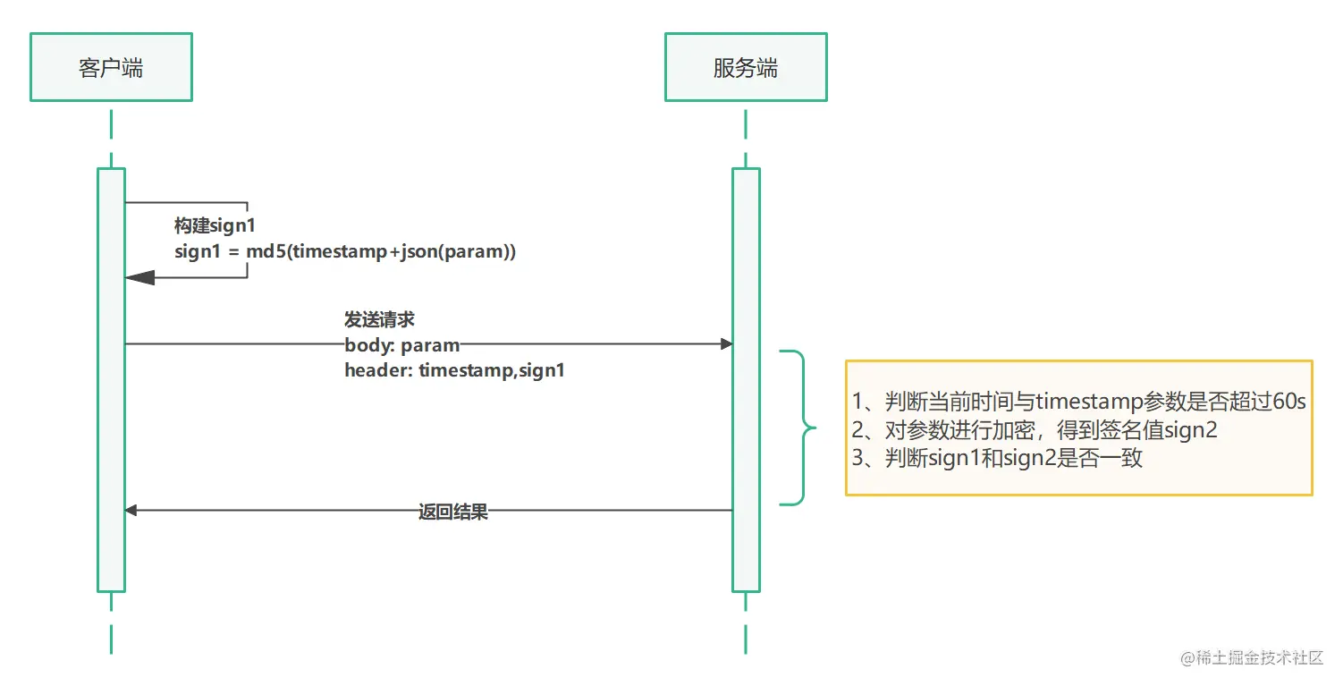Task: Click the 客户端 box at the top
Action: [111, 68]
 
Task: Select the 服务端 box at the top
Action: [745, 68]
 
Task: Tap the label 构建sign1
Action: [215, 226]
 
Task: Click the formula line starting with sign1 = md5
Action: [345, 251]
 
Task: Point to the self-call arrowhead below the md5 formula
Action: [139, 278]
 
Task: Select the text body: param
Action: [401, 344]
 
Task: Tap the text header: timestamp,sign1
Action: [454, 368]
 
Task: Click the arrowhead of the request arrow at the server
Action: [726, 344]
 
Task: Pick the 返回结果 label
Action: [453, 512]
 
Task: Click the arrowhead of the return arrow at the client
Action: [131, 511]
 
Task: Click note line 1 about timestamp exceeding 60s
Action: [1078, 402]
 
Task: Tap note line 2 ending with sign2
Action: [1035, 430]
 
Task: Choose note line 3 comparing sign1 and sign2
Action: [997, 459]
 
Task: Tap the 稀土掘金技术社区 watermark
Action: [1251, 658]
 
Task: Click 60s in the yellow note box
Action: [1288, 402]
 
